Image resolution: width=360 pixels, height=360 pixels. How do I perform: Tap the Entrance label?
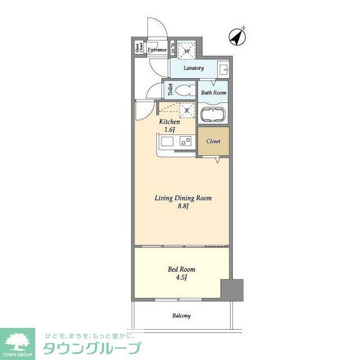pyautogui.click(x=157, y=50)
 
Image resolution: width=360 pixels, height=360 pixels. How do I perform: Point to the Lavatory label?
pyautogui.click(x=193, y=68)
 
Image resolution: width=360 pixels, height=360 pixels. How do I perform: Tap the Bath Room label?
pyautogui.click(x=213, y=92)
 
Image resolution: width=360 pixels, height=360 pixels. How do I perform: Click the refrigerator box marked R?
pyautogui.click(x=186, y=111)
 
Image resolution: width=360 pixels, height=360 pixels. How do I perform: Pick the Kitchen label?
pyautogui.click(x=169, y=121)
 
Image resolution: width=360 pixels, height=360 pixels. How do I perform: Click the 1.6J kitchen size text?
pyautogui.click(x=169, y=130)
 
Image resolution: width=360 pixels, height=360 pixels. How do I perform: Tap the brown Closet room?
pyautogui.click(x=213, y=141)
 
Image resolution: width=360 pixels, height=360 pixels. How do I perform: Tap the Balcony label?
pyautogui.click(x=181, y=316)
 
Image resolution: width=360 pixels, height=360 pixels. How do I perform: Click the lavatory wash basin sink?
pyautogui.click(x=223, y=69)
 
